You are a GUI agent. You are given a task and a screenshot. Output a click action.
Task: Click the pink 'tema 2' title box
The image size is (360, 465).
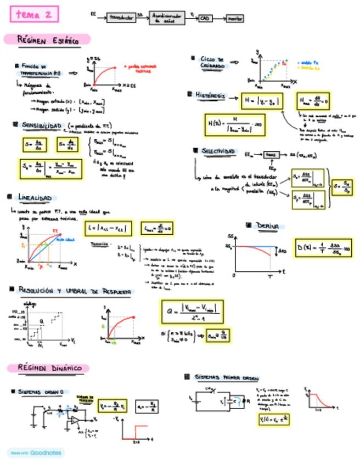(x=33, y=15)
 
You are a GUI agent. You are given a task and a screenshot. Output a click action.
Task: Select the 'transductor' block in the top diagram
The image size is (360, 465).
(x=121, y=18)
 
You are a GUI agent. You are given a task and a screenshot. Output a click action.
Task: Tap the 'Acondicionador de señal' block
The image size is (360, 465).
(x=167, y=19)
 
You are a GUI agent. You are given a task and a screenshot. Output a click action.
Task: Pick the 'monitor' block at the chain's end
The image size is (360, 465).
(x=235, y=19)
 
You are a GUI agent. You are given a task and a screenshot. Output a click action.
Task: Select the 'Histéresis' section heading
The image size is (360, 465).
(x=210, y=95)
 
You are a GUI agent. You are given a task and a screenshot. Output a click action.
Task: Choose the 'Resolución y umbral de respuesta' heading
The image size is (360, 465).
(x=74, y=288)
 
